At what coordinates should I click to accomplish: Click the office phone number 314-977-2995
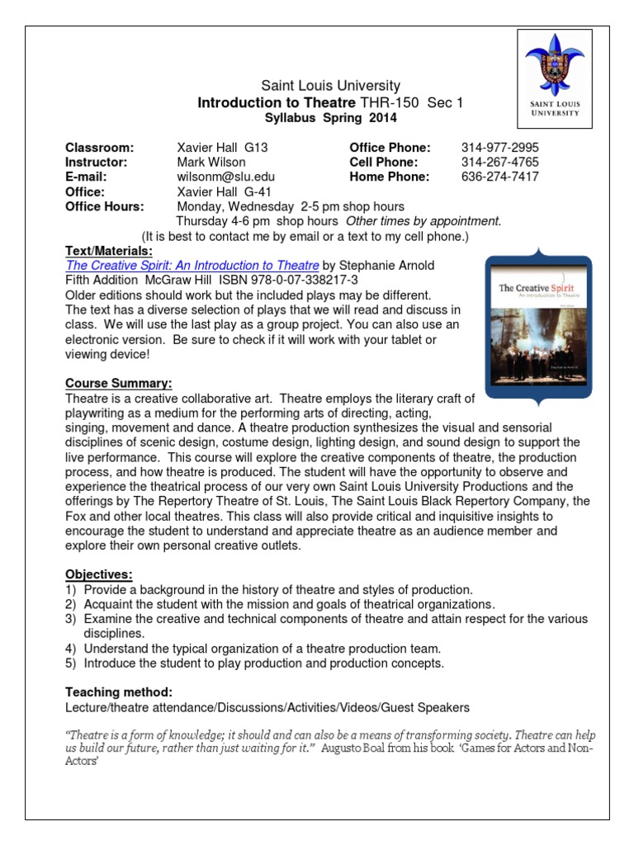[x=499, y=148]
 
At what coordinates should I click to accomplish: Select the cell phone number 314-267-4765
[x=499, y=162]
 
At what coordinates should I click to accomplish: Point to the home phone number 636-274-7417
[x=499, y=177]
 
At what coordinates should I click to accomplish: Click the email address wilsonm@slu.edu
[x=226, y=177]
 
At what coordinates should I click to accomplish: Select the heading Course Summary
[x=119, y=384]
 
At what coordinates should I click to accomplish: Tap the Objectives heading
[x=99, y=574]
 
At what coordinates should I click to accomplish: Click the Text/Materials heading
[x=110, y=251]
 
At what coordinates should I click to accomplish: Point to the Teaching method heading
[x=119, y=692]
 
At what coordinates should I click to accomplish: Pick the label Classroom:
[x=99, y=148]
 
